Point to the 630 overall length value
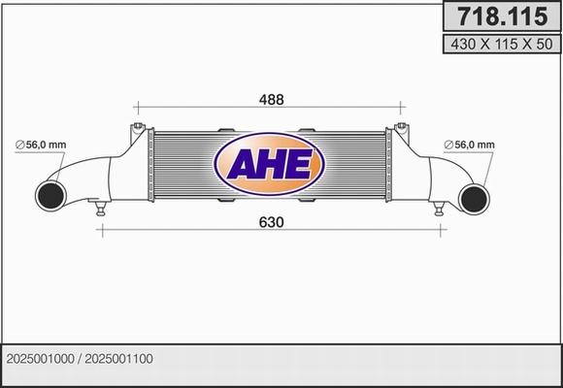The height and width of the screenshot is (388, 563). click(x=271, y=222)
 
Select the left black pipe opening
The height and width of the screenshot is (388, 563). click(x=51, y=196)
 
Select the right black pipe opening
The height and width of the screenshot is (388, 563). click(x=475, y=197)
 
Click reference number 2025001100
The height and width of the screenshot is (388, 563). click(x=119, y=358)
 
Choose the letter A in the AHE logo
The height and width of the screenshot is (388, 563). click(x=243, y=164)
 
